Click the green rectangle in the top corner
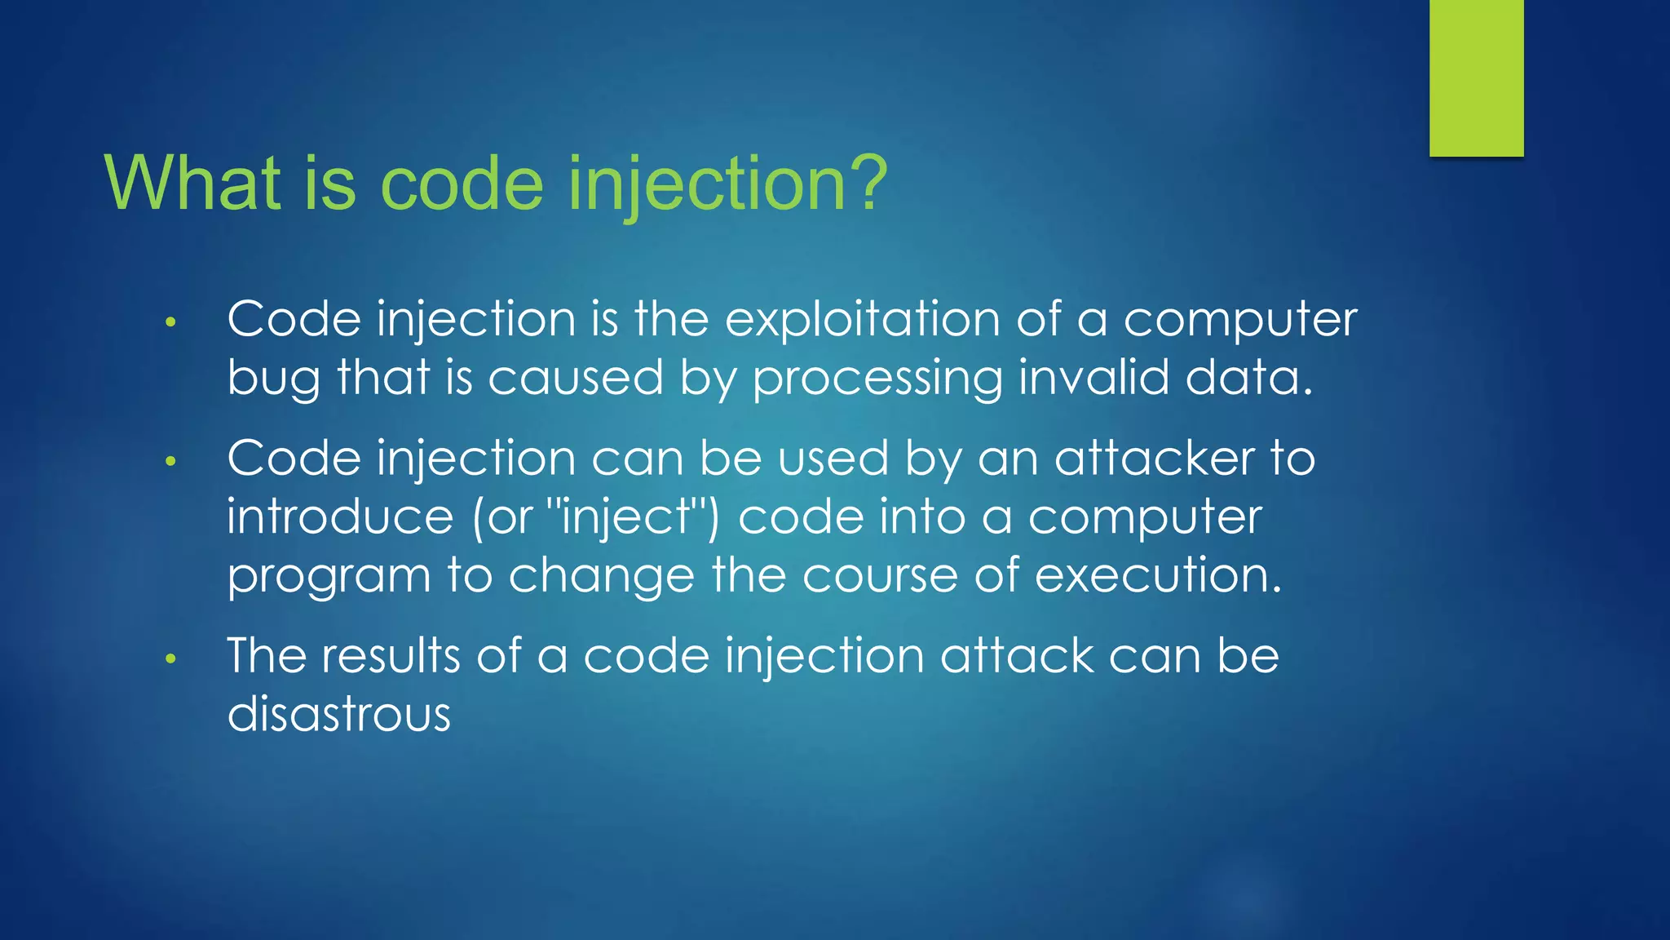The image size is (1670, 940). pos(1476,78)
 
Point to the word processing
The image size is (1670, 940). pos(877,379)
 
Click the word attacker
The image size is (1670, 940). pos(1155,459)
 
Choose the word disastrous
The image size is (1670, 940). pos(338,714)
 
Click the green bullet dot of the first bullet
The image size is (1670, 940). pos(170,322)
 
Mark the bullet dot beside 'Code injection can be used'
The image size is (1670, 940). pos(170,462)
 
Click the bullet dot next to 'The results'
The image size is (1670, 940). pos(170,659)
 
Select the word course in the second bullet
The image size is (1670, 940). pos(881,576)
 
